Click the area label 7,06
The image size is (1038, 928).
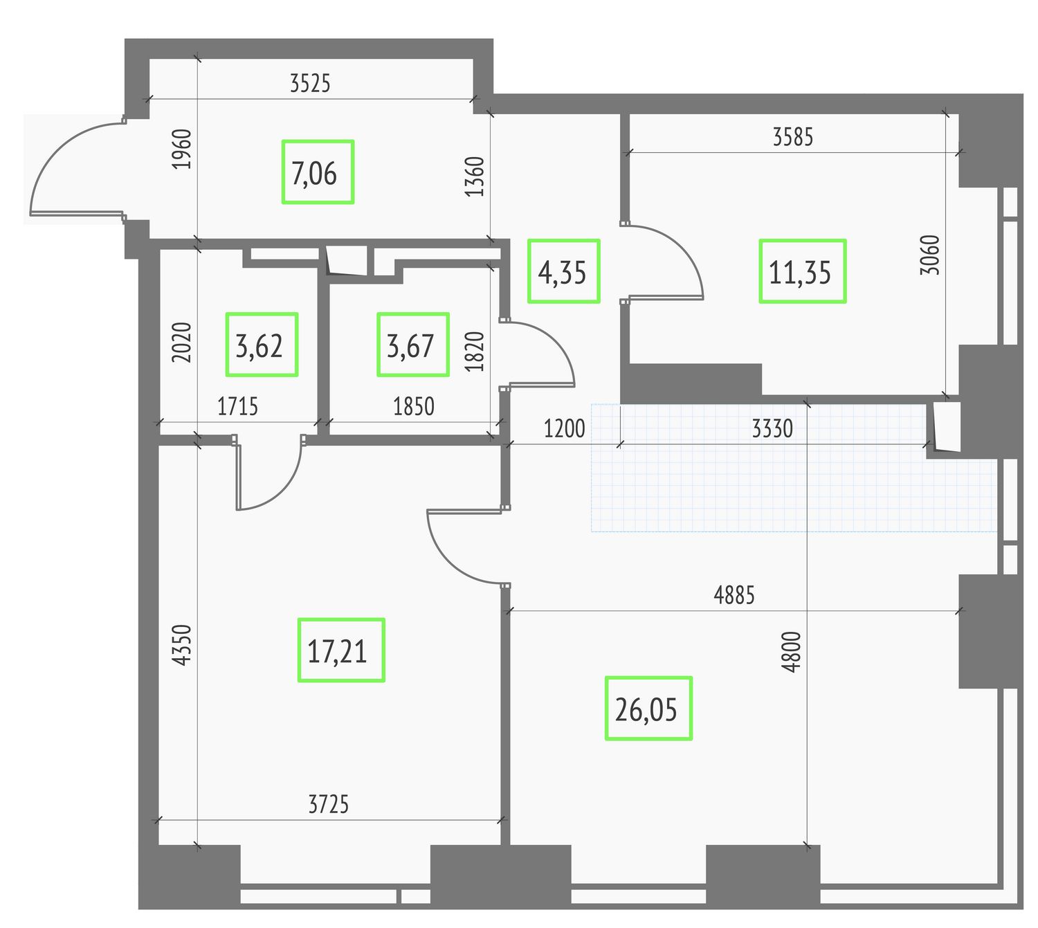point(318,172)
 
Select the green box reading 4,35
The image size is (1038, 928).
point(563,271)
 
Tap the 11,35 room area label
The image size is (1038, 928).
point(802,271)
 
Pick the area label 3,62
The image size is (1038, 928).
point(262,345)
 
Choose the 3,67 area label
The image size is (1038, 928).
point(413,345)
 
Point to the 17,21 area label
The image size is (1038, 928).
point(341,650)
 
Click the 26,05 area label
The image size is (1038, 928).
point(648,709)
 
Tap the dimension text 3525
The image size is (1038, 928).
point(310,83)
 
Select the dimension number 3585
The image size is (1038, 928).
point(792,137)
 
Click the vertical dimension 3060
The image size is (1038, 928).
point(930,255)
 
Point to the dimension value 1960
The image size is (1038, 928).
point(181,149)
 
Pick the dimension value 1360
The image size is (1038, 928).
point(475,176)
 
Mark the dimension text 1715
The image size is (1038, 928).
point(238,406)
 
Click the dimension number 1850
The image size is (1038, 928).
point(413,406)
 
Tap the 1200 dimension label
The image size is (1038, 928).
point(564,428)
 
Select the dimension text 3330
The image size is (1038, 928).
point(772,428)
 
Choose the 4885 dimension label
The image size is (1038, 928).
point(734,595)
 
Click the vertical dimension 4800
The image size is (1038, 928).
point(791,652)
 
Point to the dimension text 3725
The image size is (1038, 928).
point(329,804)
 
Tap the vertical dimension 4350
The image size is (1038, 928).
point(181,645)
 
